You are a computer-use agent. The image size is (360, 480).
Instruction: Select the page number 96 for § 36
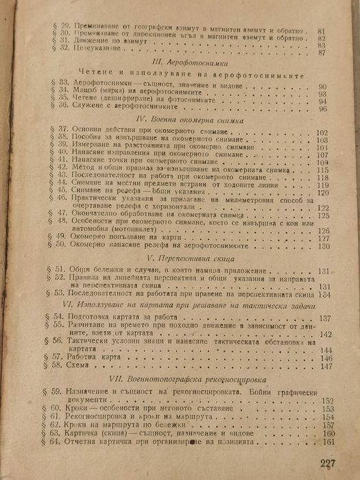(x=323, y=109)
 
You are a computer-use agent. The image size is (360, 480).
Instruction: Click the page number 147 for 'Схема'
(x=325, y=366)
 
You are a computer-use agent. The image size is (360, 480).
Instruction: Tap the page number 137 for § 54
(x=325, y=317)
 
